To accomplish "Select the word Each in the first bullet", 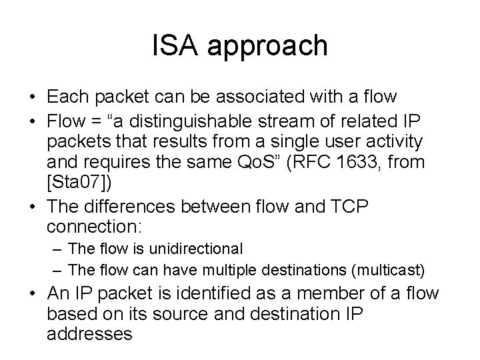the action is pyautogui.click(x=69, y=97).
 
